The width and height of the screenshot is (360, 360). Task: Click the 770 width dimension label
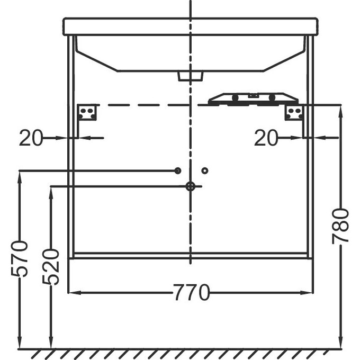[x=191, y=292]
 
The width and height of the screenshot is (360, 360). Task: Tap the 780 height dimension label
[x=340, y=226]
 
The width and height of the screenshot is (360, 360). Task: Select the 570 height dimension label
[x=19, y=258]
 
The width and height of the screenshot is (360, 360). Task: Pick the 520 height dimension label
[x=51, y=267]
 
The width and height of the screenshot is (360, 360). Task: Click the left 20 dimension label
[x=31, y=138]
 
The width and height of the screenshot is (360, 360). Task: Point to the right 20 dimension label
[x=266, y=138]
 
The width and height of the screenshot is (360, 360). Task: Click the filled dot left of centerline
[x=178, y=170]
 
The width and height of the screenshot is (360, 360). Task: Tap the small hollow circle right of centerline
[x=205, y=170]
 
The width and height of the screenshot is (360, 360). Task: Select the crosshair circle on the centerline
[x=191, y=186]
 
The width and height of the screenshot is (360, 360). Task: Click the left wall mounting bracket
[x=86, y=112]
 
